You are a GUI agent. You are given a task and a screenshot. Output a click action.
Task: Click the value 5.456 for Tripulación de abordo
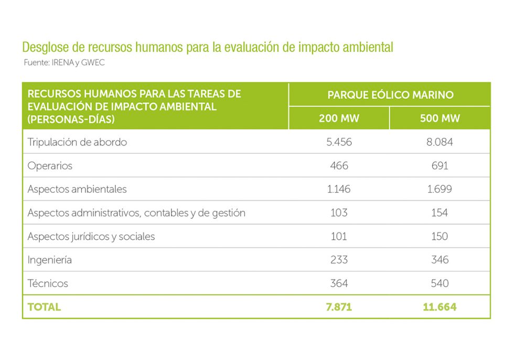pos(339,142)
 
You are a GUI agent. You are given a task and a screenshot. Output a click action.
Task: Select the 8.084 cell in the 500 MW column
pos(440,142)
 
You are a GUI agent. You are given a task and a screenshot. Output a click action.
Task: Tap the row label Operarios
pos(50,166)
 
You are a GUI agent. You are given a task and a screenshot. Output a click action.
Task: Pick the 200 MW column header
pos(339,118)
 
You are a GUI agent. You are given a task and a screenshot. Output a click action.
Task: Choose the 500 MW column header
pos(440,118)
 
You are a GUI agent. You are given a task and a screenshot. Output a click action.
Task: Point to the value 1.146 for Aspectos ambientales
pos(339,189)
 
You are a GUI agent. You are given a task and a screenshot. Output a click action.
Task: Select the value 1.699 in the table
pos(440,189)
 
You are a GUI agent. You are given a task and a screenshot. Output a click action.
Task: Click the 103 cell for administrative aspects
pos(339,213)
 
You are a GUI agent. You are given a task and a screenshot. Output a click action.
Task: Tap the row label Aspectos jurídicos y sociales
pos(91,237)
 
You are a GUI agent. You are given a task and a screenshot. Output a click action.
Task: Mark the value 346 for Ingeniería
pos(440,260)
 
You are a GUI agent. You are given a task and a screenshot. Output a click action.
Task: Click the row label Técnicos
pos(48,283)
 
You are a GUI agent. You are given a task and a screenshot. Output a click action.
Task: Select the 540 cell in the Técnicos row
pos(440,283)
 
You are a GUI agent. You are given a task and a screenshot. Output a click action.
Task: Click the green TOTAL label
pos(44,307)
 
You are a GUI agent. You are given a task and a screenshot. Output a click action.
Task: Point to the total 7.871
pos(339,307)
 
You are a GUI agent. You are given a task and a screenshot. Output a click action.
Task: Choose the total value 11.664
pos(440,307)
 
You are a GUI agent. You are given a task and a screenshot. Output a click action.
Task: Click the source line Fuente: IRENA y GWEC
pos(60,62)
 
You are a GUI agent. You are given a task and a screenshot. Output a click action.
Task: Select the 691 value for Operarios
pos(440,166)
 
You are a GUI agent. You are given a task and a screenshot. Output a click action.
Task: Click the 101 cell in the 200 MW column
pos(339,237)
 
